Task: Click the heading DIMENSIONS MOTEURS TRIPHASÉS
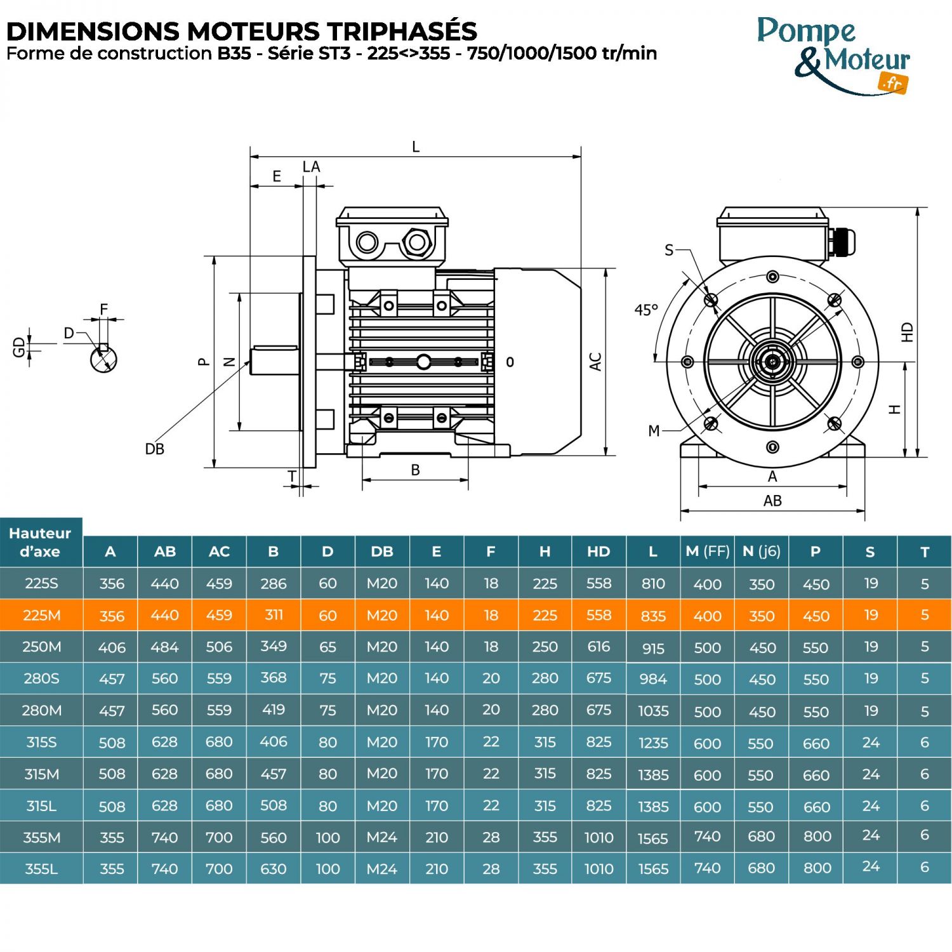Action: point(241,30)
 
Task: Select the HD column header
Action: point(598,552)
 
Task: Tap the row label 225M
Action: point(41,615)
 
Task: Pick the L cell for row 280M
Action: point(653,711)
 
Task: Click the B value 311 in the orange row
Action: point(274,615)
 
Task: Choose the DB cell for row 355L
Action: point(382,869)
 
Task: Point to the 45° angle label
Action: point(646,310)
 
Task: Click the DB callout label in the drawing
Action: point(154,449)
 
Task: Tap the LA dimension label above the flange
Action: point(311,167)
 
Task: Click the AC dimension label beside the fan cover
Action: point(595,362)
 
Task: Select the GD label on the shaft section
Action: point(19,347)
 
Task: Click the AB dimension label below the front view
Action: point(772,501)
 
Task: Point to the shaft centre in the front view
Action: point(772,362)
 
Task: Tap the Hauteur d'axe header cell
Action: point(41,542)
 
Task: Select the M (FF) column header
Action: point(707,552)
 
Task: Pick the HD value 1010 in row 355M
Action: point(598,838)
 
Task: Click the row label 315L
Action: point(41,806)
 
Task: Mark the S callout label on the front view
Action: point(669,250)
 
